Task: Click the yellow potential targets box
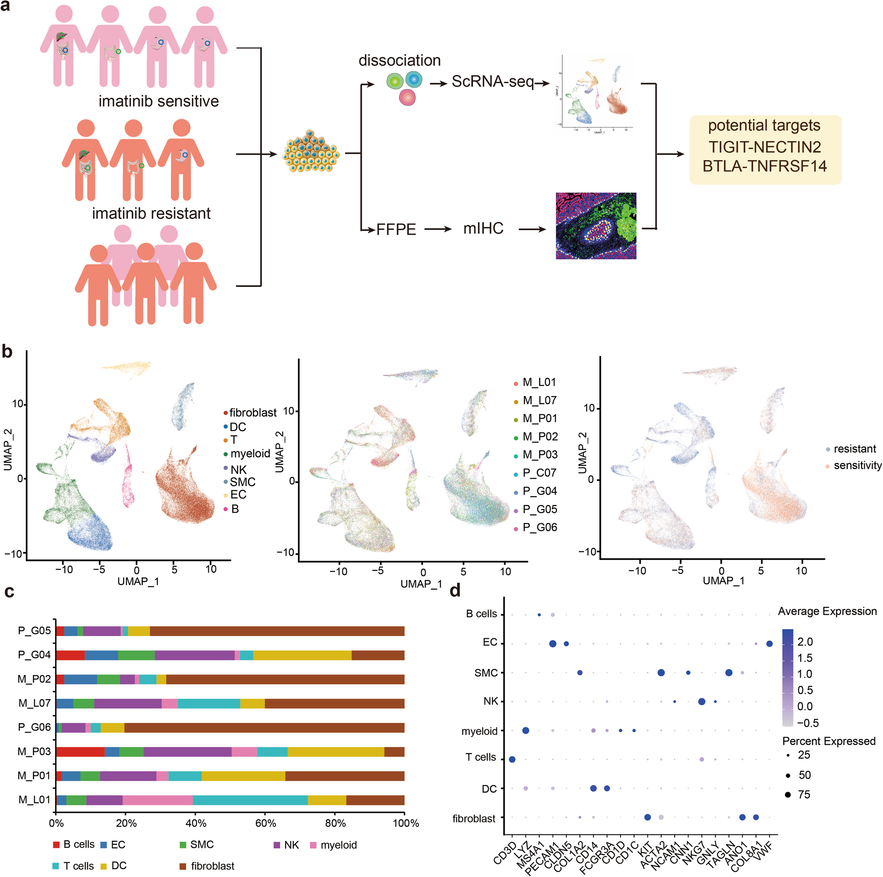click(765, 149)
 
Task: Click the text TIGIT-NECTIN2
click(765, 147)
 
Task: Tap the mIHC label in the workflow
click(483, 228)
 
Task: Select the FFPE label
click(396, 229)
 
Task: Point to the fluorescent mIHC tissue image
click(596, 226)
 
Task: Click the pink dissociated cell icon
click(407, 97)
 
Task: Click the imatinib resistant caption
click(151, 213)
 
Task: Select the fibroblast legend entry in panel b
click(252, 413)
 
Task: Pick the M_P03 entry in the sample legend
click(539, 455)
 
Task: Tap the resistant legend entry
click(854, 449)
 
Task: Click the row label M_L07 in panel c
click(34, 703)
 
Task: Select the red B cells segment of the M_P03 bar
click(80, 751)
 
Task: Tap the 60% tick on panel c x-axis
click(266, 822)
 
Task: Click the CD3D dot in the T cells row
click(512, 759)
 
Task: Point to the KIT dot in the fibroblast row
click(647, 817)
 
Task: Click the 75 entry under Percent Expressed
click(803, 794)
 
